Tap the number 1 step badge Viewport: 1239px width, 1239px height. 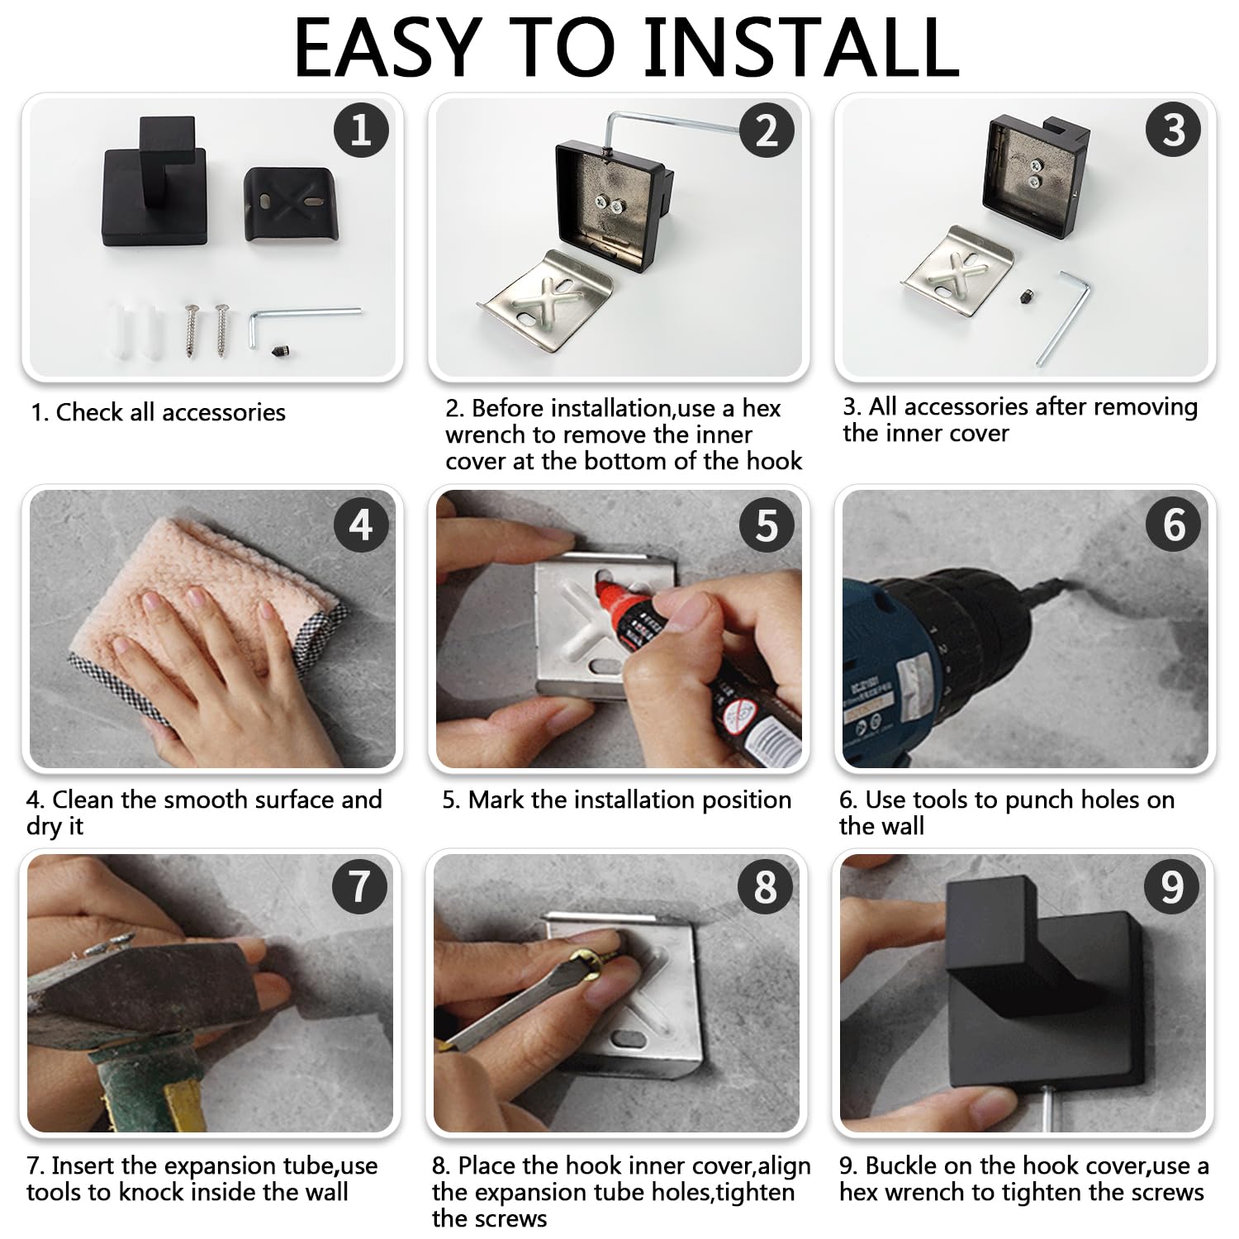click(x=361, y=131)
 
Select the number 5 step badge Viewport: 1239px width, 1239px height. click(x=767, y=525)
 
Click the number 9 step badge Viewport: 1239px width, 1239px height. click(x=1172, y=888)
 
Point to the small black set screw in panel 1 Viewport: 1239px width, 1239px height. click(x=279, y=351)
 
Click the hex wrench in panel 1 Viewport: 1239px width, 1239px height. click(x=306, y=320)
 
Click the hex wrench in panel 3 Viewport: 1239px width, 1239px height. click(x=1063, y=318)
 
